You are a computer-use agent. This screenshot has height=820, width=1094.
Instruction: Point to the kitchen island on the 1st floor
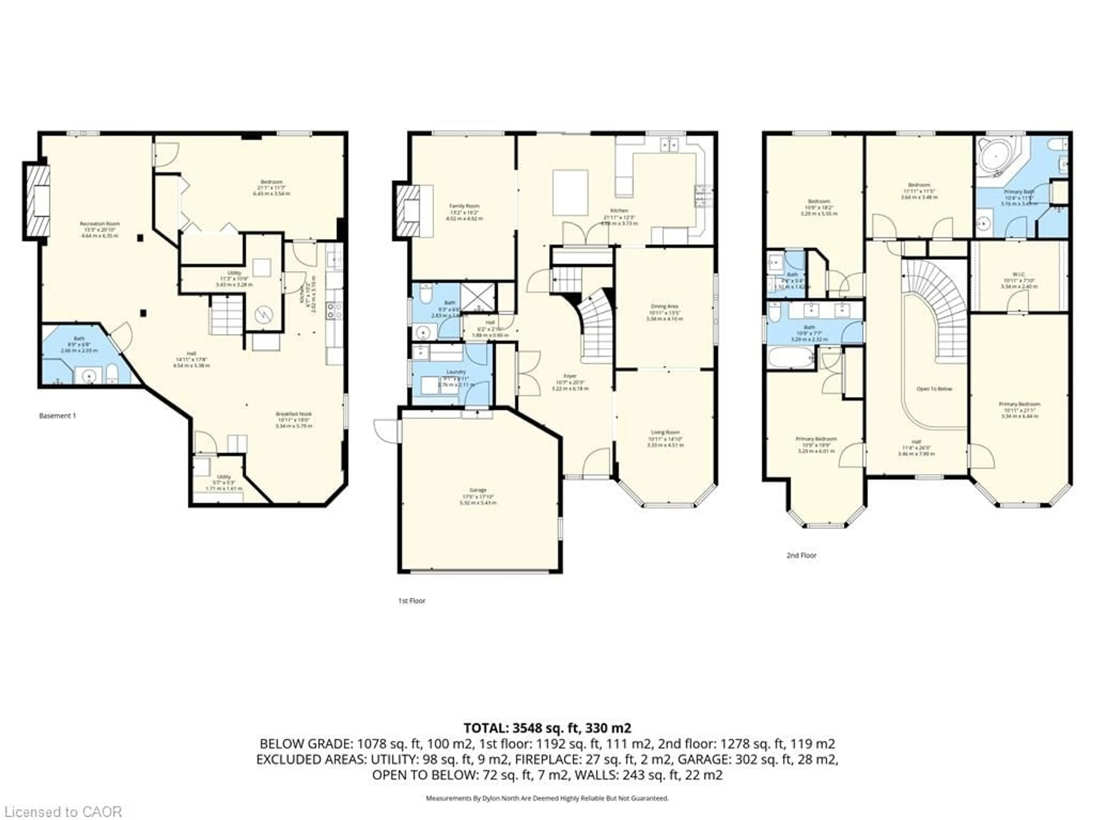(570, 193)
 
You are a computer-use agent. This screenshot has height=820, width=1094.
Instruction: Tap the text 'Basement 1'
(57, 416)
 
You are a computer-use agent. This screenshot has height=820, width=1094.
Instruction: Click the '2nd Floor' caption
(801, 555)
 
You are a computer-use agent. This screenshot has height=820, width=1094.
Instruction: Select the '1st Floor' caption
(411, 600)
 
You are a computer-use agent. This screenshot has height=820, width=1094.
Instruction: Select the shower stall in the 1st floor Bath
(478, 297)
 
